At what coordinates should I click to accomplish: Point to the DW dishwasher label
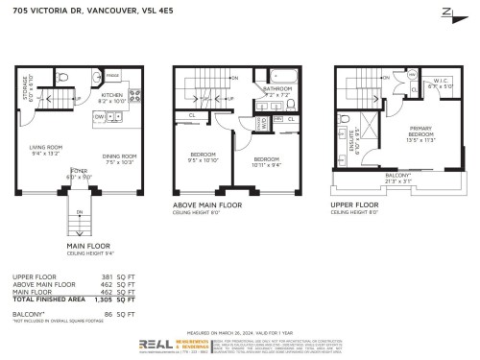click(x=98, y=115)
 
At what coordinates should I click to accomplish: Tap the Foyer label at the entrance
click(x=77, y=177)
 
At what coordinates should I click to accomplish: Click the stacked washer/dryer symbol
click(x=264, y=123)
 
